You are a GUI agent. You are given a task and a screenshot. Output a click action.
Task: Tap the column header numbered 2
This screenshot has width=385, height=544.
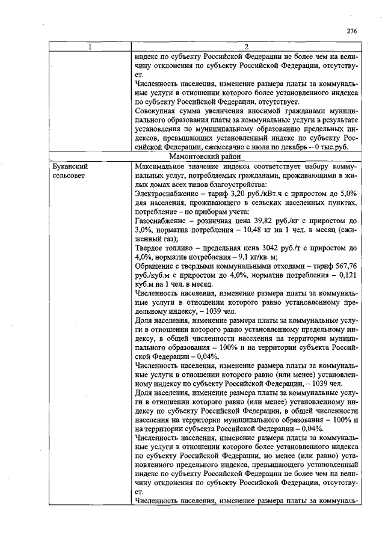(247, 47)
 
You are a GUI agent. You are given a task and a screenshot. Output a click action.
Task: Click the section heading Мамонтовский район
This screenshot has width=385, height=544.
(247, 155)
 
